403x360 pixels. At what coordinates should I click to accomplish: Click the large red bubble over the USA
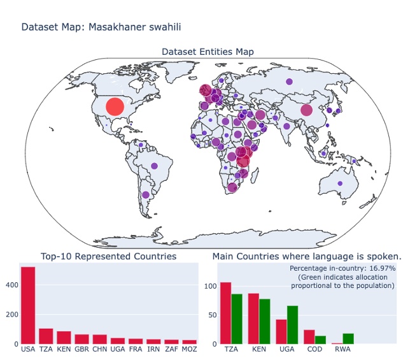point(115,106)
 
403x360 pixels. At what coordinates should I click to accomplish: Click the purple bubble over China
point(306,110)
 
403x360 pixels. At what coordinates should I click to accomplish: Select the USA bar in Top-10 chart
point(28,305)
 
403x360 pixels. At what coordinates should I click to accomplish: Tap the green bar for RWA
point(348,338)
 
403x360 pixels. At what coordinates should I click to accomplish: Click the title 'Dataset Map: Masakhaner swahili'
point(101,27)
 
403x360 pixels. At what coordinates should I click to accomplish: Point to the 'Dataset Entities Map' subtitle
point(208,52)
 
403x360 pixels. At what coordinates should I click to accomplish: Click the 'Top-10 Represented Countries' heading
point(108,256)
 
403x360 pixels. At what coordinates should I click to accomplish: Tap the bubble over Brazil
point(153,166)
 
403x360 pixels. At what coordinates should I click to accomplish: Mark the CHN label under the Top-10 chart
point(100,350)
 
